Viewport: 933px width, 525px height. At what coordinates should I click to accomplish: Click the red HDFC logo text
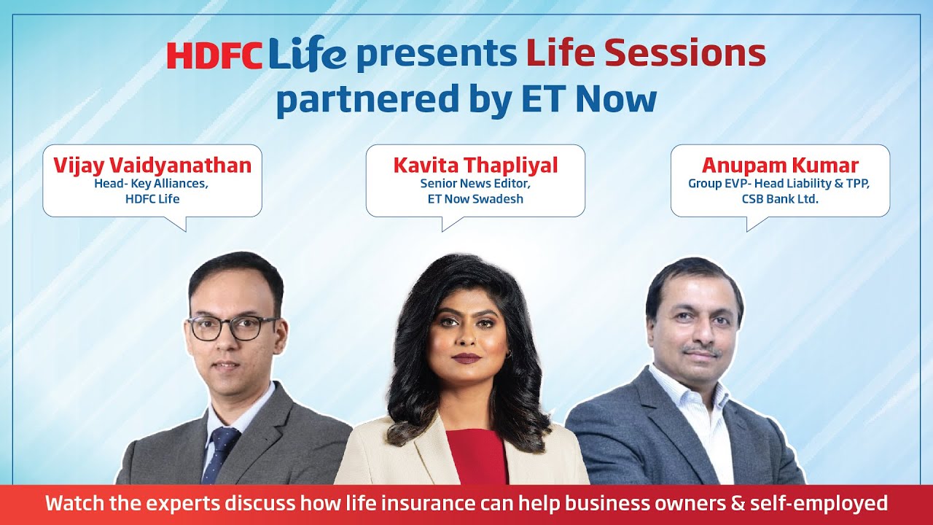pyautogui.click(x=215, y=55)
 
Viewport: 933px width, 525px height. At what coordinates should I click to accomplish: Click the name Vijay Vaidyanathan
pyautogui.click(x=152, y=166)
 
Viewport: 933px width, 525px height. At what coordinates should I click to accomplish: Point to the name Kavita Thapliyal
pyautogui.click(x=475, y=166)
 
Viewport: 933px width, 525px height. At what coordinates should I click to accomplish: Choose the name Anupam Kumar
pyautogui.click(x=780, y=166)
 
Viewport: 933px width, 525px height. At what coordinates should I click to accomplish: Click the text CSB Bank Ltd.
pyautogui.click(x=780, y=198)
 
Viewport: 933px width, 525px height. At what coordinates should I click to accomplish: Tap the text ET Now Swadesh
pyautogui.click(x=475, y=198)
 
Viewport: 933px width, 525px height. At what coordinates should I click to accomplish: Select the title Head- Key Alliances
pyautogui.click(x=152, y=184)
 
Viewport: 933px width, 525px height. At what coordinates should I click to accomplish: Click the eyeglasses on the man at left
pyautogui.click(x=232, y=328)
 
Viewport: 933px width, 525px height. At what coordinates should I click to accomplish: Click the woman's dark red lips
pyautogui.click(x=466, y=357)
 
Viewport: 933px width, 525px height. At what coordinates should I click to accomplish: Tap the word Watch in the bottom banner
pyautogui.click(x=73, y=504)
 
